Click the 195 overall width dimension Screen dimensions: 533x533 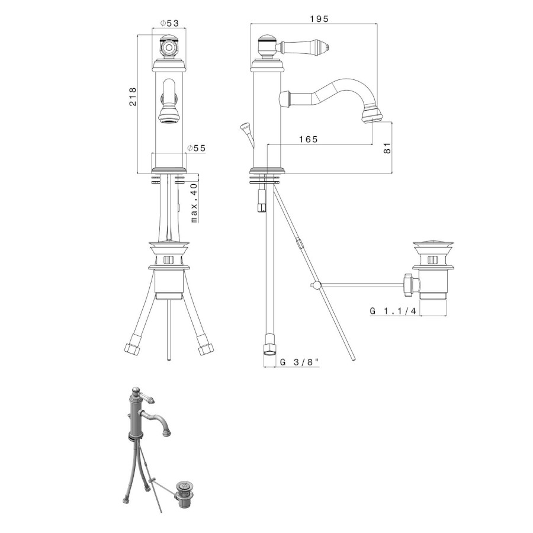point(319,19)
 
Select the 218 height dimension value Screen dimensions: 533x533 point(133,97)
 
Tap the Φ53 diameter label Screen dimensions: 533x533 point(169,23)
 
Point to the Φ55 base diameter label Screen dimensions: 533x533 point(197,148)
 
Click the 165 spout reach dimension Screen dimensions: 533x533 point(309,139)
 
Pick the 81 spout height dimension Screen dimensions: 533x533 point(387,147)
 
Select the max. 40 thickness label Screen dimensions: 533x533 point(194,203)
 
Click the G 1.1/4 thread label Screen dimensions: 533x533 point(393,311)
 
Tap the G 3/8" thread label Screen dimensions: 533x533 point(300,362)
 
